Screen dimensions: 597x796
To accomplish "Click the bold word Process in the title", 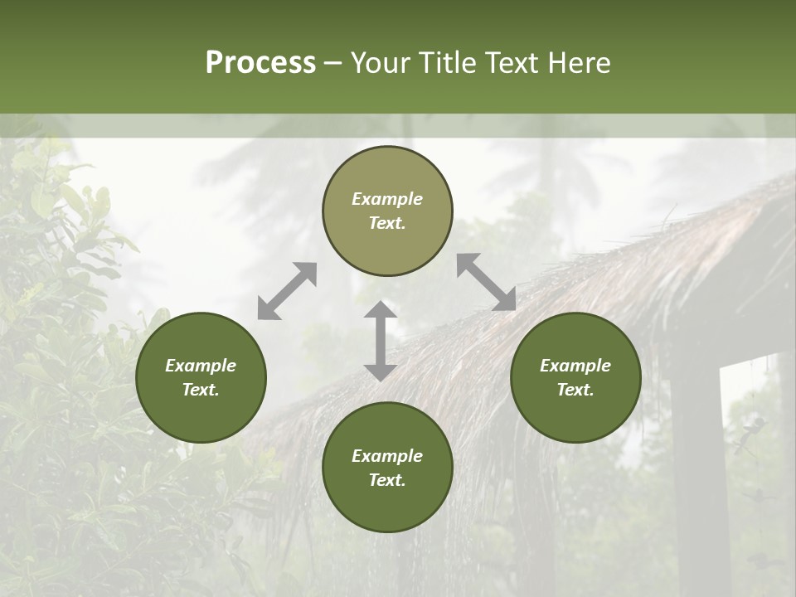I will (x=260, y=63).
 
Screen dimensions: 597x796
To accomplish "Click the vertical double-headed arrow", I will (x=380, y=341).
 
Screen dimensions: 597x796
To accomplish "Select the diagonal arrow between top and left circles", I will (x=287, y=291).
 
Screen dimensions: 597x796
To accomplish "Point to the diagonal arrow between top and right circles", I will (x=487, y=282).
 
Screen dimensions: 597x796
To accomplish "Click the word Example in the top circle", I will (x=387, y=199).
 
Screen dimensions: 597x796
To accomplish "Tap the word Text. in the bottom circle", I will (x=387, y=480).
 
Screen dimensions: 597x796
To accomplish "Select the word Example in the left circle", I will (x=201, y=366).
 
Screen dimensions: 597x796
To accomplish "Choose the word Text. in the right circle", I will (x=575, y=390).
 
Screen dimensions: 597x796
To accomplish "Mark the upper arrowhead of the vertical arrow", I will (x=380, y=311).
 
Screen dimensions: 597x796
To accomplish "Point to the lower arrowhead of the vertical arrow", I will (x=380, y=371).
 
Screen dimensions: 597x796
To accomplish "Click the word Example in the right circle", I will (x=575, y=366).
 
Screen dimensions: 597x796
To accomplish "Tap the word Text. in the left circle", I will (x=201, y=390).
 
